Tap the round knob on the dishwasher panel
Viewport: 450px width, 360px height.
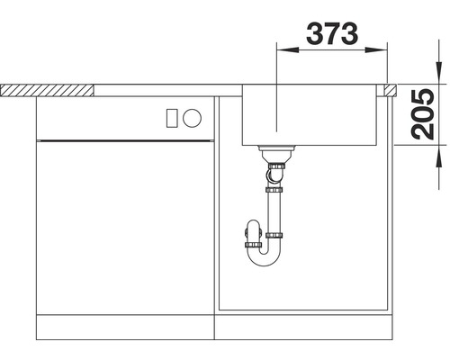[x=193, y=117]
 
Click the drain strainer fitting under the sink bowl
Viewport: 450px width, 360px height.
[x=274, y=148]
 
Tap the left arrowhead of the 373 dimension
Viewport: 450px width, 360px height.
[x=280, y=52]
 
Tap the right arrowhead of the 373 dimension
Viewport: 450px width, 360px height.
[x=384, y=52]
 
